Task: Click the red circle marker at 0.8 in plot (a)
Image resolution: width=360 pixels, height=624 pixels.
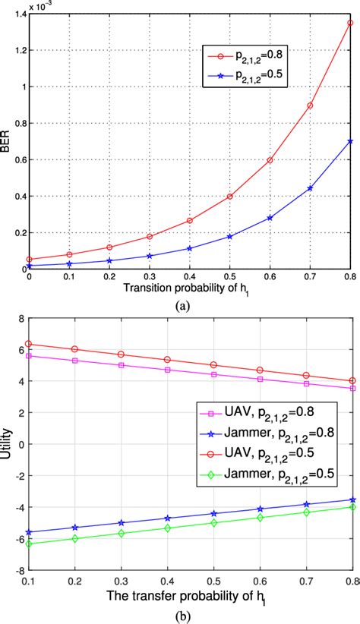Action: point(349,23)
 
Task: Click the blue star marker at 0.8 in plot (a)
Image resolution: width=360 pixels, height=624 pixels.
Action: point(349,141)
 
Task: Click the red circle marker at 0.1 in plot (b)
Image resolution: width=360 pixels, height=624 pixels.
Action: point(29,344)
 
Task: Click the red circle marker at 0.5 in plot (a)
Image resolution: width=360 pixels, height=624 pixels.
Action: point(229,197)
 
